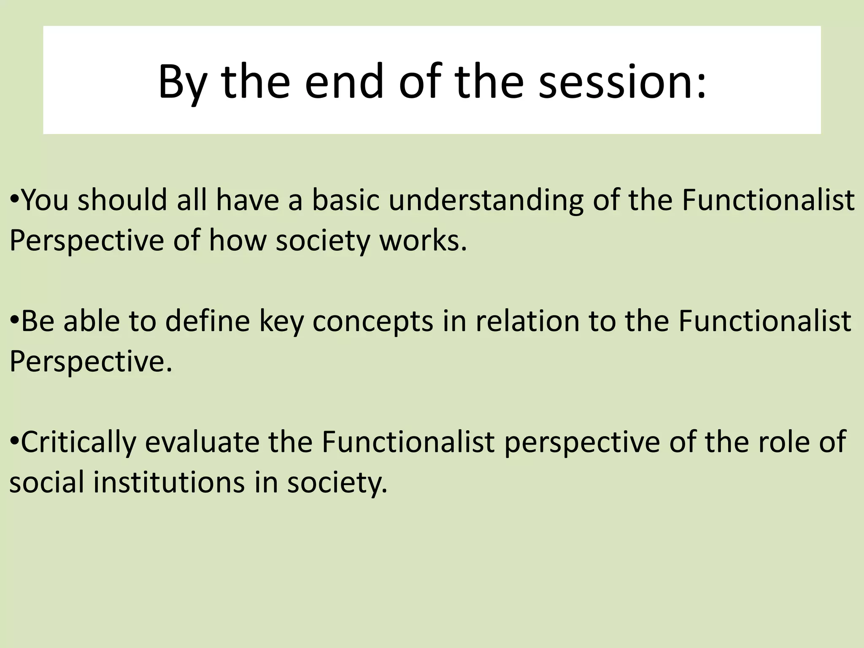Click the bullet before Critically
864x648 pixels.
[x=14, y=441]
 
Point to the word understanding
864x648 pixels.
[x=486, y=200]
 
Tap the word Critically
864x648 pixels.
[x=78, y=442]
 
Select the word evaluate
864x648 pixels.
[x=202, y=442]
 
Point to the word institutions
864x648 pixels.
[x=169, y=482]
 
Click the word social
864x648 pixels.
[x=46, y=482]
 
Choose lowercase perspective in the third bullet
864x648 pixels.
[x=582, y=442]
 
